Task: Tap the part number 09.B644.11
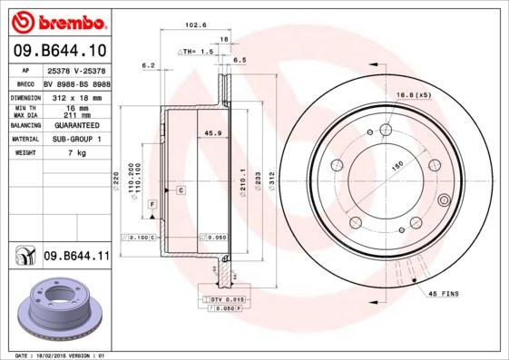click(x=76, y=258)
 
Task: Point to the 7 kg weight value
click(x=77, y=153)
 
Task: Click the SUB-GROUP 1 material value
click(x=77, y=140)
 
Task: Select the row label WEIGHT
click(x=24, y=153)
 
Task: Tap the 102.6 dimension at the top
click(x=193, y=24)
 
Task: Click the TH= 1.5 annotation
click(x=197, y=53)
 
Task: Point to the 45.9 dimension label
click(x=213, y=134)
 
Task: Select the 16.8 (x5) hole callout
click(x=412, y=93)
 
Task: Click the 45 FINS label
click(x=445, y=293)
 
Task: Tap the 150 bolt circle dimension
click(x=396, y=167)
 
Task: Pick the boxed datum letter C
click(x=181, y=190)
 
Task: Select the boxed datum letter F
click(x=152, y=204)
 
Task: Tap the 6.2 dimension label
click(x=149, y=65)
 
